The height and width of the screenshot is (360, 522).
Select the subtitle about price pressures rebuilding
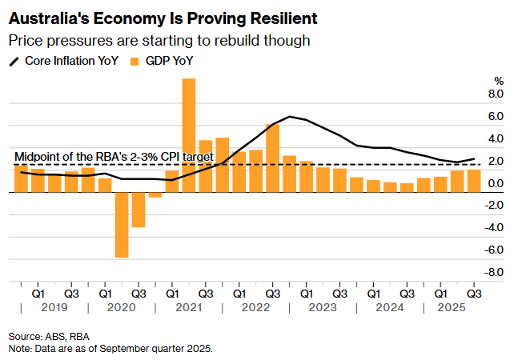tap(159, 40)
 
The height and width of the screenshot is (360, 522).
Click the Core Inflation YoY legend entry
tap(66, 60)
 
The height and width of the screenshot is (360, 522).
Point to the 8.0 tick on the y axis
tap(496, 94)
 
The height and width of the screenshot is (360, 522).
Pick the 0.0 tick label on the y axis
tap(496, 183)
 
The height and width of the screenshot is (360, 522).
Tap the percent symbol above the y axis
tap(499, 82)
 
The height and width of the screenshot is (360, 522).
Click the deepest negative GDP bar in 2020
tap(122, 225)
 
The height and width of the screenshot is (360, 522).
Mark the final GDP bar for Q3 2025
tap(474, 181)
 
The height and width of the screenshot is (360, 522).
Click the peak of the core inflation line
tap(290, 117)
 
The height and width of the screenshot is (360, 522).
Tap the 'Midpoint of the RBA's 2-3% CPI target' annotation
tap(114, 157)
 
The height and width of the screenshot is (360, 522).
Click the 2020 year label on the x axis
tap(121, 307)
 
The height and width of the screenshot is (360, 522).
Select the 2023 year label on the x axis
tap(323, 307)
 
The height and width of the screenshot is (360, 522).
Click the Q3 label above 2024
tap(407, 293)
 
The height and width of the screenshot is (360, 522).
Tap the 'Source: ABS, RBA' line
tap(48, 336)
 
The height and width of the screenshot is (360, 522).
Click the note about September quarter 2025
tap(110, 349)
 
